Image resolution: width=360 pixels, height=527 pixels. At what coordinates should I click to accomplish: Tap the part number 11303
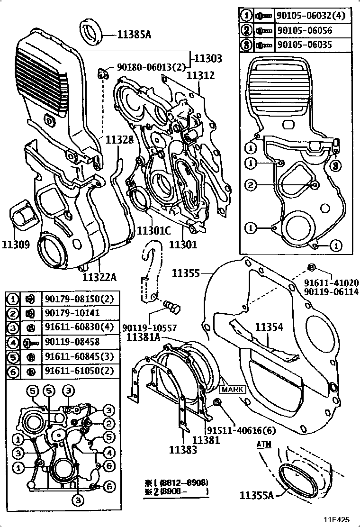click(209, 58)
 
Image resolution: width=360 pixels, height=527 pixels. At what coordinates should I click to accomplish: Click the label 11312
click(200, 75)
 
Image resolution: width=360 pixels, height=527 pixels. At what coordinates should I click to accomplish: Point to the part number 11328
click(119, 140)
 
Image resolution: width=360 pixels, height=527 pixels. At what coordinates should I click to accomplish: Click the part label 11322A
click(99, 276)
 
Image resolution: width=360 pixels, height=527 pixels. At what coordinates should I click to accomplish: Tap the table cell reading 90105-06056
click(305, 30)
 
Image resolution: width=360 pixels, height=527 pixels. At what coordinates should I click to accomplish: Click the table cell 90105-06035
click(305, 45)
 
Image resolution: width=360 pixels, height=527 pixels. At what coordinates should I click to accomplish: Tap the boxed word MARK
click(232, 390)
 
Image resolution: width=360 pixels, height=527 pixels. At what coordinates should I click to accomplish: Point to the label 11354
click(270, 327)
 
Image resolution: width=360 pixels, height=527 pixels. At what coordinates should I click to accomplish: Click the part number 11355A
click(256, 496)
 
